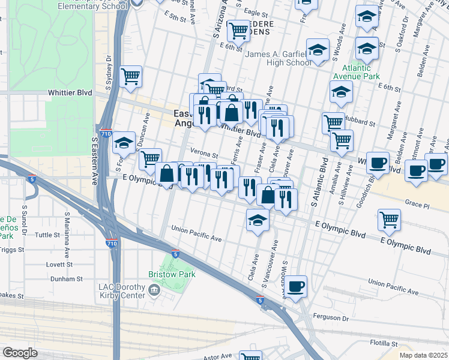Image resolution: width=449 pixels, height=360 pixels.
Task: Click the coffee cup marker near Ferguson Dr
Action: tap(295, 286)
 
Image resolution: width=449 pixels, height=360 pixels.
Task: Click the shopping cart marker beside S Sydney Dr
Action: tap(130, 77)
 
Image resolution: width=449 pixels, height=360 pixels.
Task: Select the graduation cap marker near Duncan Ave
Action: tap(124, 143)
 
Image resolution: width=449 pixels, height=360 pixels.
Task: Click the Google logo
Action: tap(20, 353)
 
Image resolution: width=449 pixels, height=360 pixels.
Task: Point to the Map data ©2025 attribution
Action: tap(423, 355)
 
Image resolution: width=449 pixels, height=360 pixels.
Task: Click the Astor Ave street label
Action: tap(218, 356)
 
